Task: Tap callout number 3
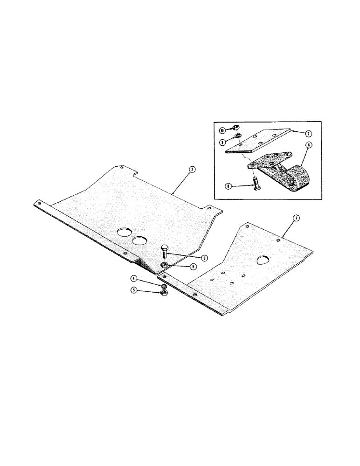192,258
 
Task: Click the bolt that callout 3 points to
164,253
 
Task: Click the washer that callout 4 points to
164,285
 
